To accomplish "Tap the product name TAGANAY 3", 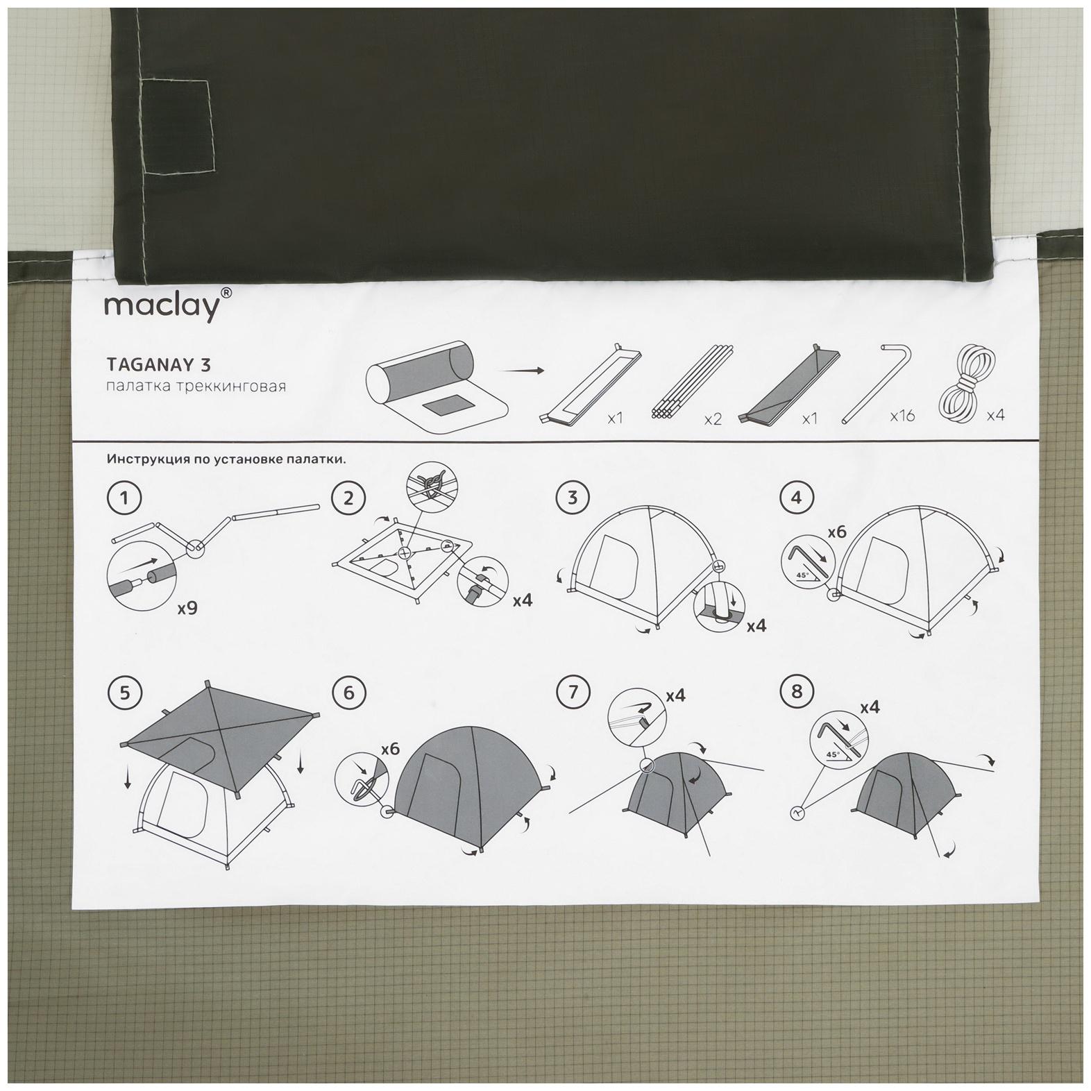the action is [x=158, y=364].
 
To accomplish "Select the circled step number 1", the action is [x=124, y=498].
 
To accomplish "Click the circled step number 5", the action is [x=124, y=693].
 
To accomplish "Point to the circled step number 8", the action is [x=796, y=691].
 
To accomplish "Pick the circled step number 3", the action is [x=573, y=498].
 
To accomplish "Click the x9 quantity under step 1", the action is [x=187, y=608].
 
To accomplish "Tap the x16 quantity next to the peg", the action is [x=903, y=416].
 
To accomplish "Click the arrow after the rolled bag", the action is [x=521, y=371].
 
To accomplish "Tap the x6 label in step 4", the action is [x=837, y=532].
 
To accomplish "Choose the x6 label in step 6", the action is [x=391, y=750].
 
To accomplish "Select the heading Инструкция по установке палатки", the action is [x=226, y=459].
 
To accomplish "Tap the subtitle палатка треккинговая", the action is [x=196, y=386].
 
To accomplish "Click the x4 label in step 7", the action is [x=676, y=695].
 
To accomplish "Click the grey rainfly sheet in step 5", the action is [x=219, y=736].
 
